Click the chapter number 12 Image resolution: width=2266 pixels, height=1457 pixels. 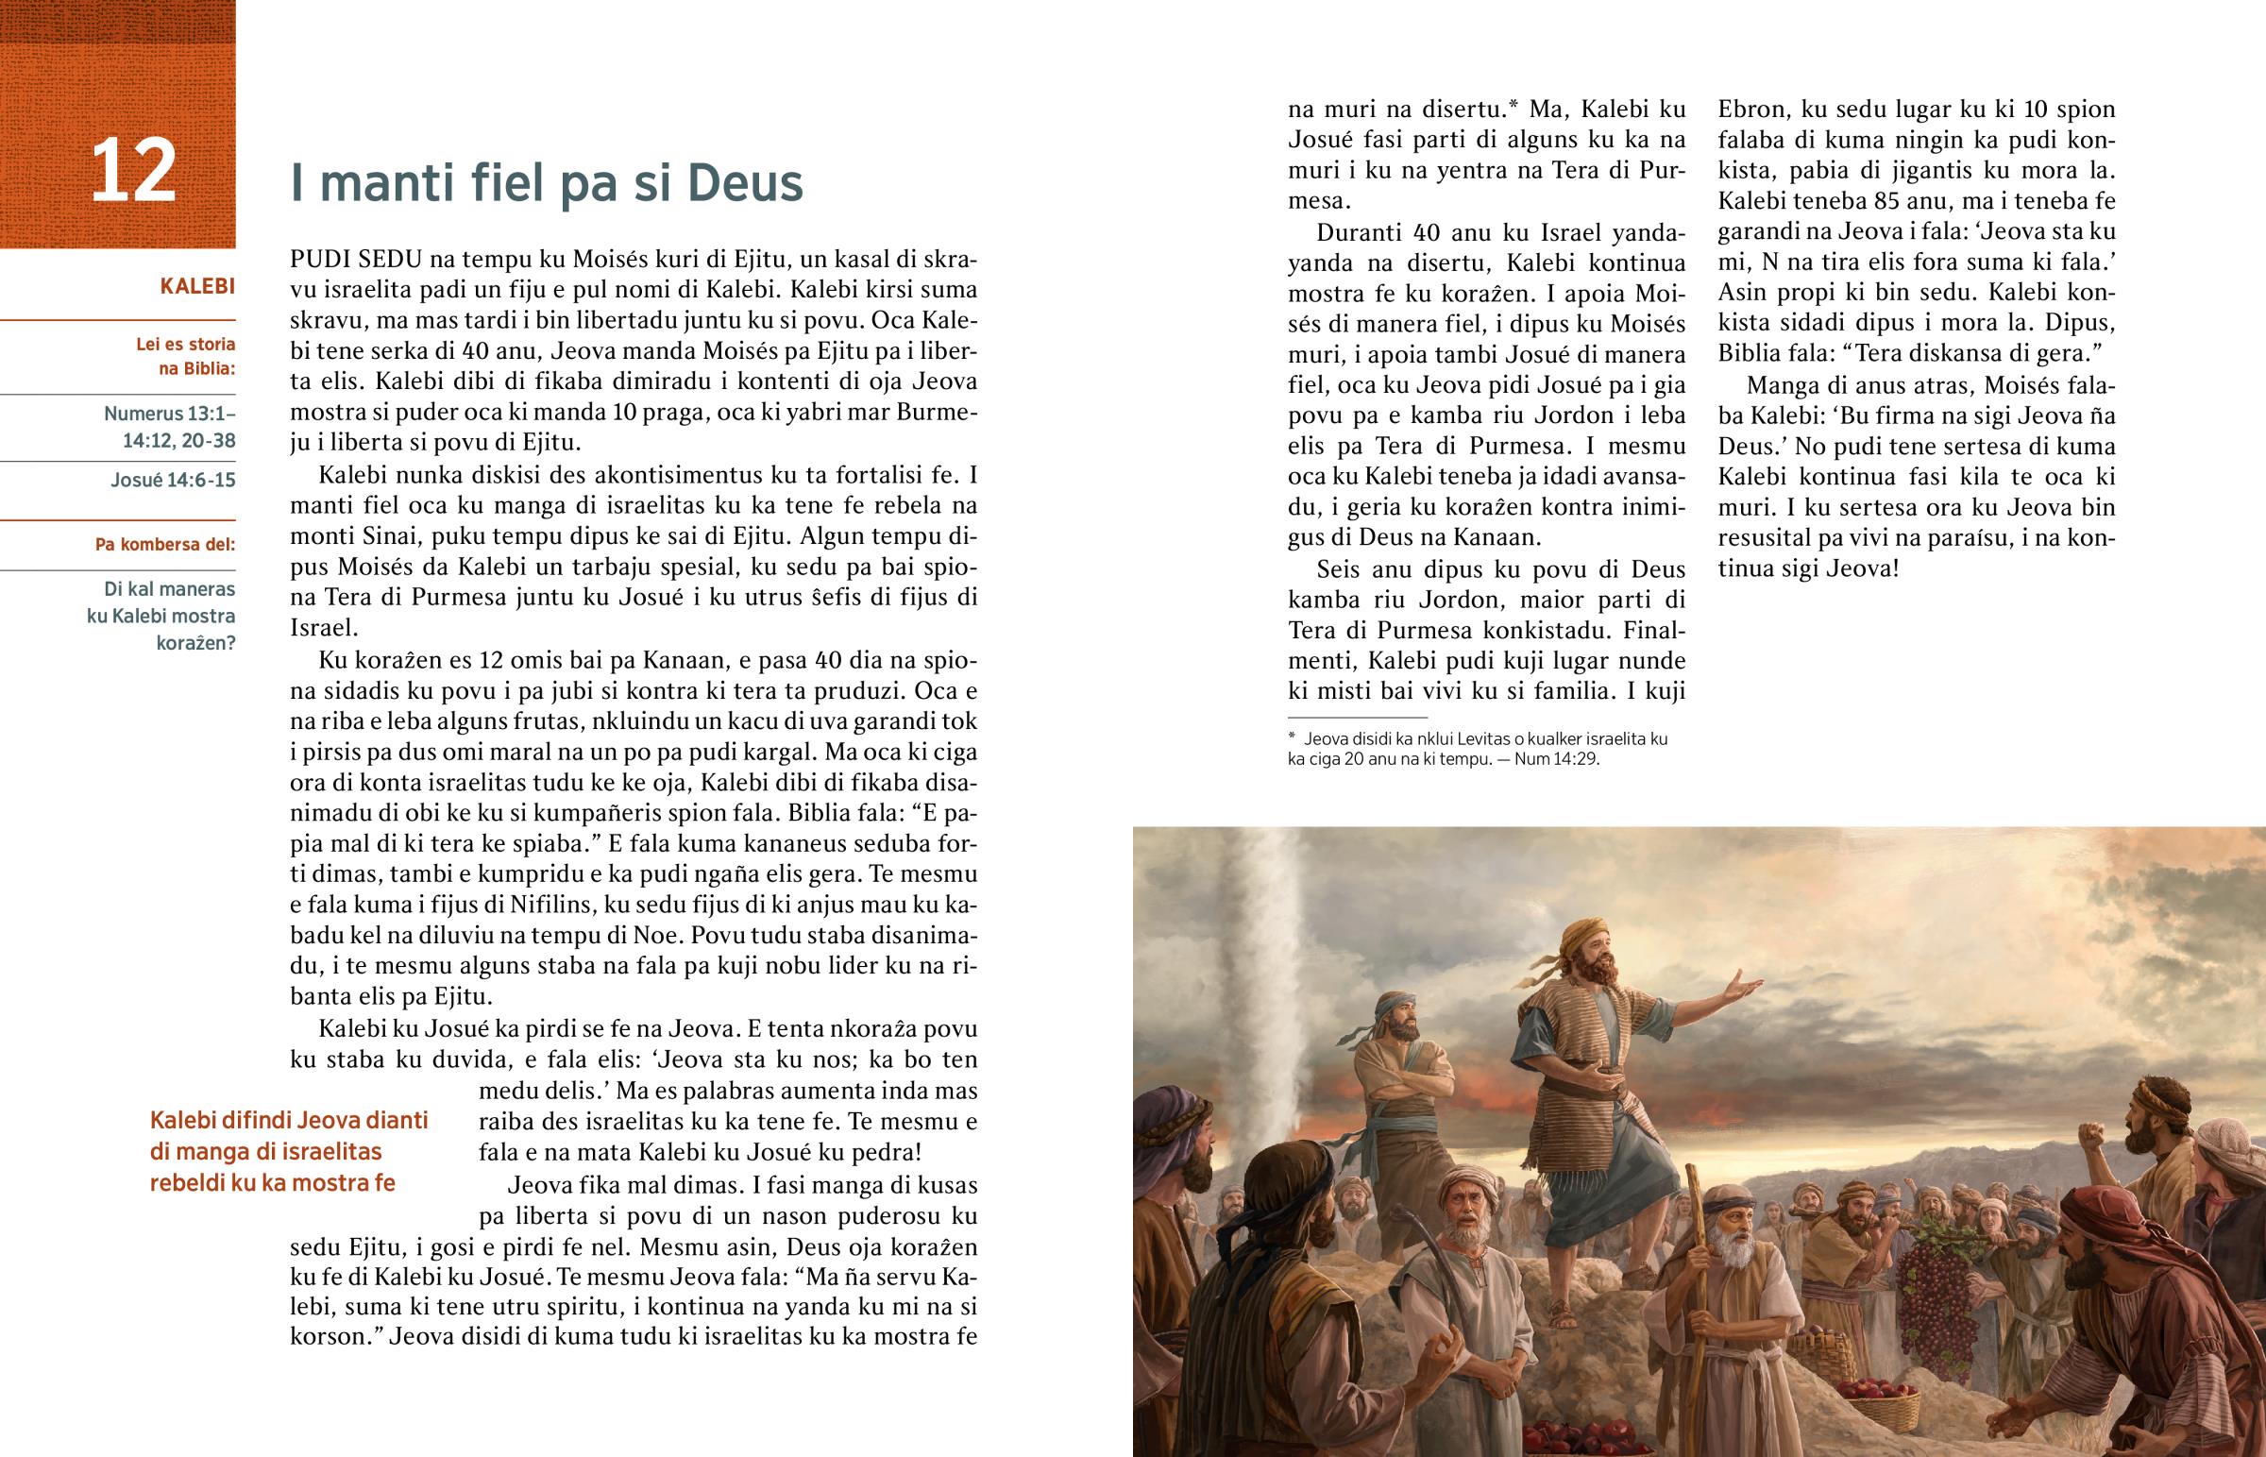(133, 171)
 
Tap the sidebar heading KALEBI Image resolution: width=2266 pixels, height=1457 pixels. (196, 286)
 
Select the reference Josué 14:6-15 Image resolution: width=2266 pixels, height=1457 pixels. (173, 480)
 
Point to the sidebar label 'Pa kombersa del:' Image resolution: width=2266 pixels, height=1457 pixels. (164, 544)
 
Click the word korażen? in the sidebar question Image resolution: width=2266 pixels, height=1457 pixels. (195, 643)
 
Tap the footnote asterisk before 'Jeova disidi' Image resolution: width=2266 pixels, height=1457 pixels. (1292, 739)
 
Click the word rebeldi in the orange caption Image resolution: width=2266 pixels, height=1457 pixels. (186, 1182)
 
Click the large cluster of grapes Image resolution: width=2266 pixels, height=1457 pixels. (1930, 1277)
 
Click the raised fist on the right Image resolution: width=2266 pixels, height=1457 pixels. (2084, 1135)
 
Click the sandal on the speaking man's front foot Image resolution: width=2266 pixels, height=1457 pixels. (1562, 1316)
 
